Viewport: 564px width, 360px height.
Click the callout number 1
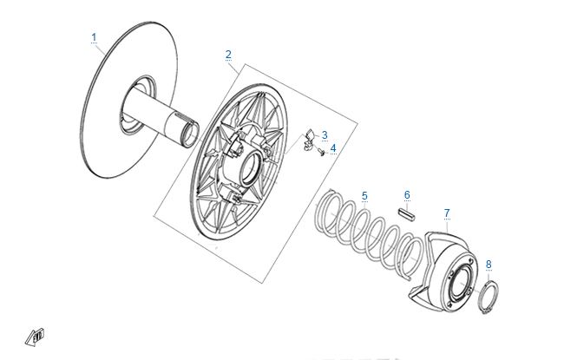point(94,37)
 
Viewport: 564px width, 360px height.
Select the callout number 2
point(228,55)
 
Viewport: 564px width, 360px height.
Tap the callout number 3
point(325,135)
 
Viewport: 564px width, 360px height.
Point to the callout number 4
point(333,148)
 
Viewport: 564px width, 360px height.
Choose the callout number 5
point(364,196)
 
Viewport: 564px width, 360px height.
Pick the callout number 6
point(407,195)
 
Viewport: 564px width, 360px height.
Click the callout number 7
point(447,213)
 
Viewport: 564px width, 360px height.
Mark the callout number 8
point(489,265)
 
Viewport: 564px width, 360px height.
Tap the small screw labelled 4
point(321,152)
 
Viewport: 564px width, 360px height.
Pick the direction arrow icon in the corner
point(35,337)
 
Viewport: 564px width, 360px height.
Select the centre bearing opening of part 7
point(459,285)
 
